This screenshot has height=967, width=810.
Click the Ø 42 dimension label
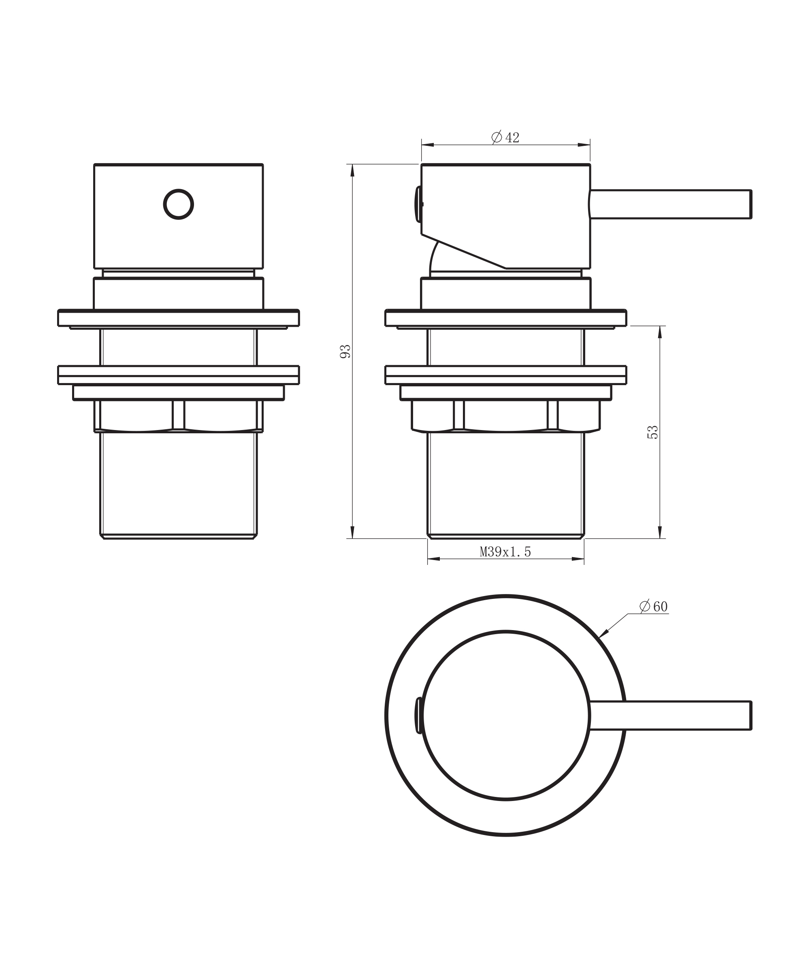click(505, 137)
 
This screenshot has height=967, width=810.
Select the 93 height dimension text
click(345, 351)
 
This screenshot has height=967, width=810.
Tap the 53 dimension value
click(652, 432)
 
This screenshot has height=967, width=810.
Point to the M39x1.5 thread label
click(505, 552)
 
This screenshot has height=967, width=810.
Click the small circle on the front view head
click(178, 204)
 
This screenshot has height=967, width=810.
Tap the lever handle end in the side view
click(750, 204)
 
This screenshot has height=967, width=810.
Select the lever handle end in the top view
click(750, 715)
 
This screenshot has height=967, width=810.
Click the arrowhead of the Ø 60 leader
click(603, 634)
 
